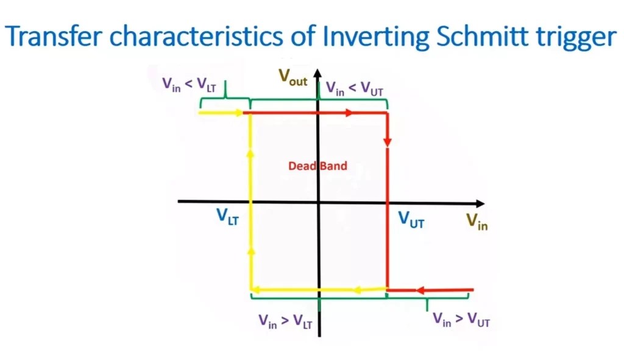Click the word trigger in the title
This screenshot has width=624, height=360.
575,38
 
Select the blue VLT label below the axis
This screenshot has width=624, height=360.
228,218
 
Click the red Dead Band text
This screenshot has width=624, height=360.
317,165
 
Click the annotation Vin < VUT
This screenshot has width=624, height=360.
354,89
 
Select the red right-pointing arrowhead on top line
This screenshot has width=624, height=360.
349,113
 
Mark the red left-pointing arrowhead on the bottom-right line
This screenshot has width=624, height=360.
420,290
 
